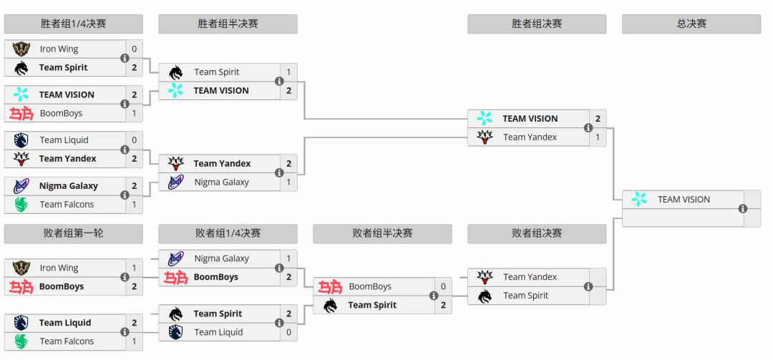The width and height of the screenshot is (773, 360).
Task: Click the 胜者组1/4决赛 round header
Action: [74, 24]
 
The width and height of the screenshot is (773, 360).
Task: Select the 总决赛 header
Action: [691, 24]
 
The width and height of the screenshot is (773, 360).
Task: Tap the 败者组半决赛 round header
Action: [382, 233]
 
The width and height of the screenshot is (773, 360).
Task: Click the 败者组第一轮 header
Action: [74, 233]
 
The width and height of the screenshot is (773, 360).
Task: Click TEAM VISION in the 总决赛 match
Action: [684, 199]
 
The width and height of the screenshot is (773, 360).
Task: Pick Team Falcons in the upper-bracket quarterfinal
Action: [67, 204]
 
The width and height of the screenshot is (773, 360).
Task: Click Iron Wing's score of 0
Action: [134, 49]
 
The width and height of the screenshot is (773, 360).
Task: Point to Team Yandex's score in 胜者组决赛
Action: [598, 137]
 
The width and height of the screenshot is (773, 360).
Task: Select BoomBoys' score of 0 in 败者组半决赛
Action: [443, 286]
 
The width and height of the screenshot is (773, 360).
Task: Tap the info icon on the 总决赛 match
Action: [742, 208]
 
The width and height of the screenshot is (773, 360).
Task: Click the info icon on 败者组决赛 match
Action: [588, 286]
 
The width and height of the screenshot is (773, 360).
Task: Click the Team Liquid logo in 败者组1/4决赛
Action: [175, 332]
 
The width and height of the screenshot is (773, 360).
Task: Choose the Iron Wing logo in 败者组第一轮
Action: [21, 268]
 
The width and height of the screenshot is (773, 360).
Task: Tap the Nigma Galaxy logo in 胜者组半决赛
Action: [175, 182]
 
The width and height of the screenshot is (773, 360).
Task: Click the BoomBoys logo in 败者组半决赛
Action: [330, 286]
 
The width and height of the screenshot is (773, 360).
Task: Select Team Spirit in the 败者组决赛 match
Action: [525, 296]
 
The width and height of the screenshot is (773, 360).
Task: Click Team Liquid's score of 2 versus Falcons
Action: [134, 323]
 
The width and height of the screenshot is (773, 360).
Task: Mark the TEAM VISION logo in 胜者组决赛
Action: [485, 118]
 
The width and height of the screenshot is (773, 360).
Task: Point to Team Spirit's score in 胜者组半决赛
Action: [288, 72]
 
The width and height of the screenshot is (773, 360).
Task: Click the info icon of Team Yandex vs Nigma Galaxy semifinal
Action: [279, 172]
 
